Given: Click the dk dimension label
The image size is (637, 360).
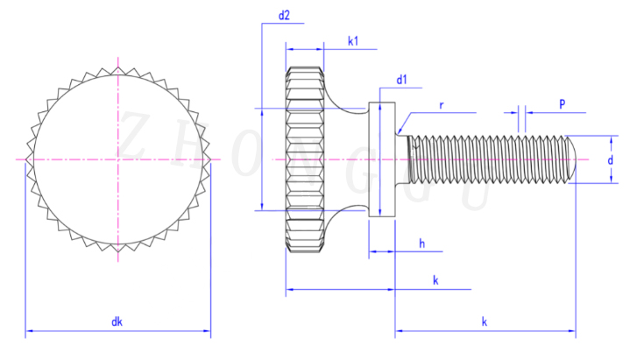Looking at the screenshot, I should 117,322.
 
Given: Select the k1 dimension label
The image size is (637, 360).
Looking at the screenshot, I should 352,40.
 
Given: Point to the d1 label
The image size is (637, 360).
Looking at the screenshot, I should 403,81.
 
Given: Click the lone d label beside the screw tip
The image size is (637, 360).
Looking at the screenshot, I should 610,161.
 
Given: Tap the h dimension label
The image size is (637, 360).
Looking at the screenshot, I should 421,244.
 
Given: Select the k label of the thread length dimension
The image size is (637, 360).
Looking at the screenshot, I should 485,322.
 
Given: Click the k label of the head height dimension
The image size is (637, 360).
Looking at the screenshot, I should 435,279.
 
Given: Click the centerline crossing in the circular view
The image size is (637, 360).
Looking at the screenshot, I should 117,159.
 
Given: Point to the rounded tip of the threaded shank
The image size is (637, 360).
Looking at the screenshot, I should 570,159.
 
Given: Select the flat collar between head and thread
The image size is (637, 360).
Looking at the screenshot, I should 382,159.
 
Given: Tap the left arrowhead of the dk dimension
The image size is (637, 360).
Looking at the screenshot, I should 28,332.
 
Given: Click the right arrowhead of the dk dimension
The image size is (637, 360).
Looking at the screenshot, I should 209,332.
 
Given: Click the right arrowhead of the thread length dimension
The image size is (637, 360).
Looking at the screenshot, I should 574,332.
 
